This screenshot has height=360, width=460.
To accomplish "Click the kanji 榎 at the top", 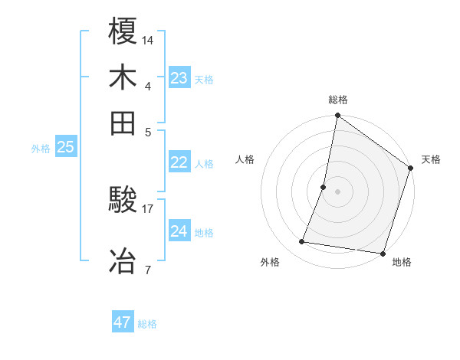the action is pos(123,32).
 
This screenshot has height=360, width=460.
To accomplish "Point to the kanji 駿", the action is pos(123,201).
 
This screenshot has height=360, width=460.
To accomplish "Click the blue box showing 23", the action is pos(179,78).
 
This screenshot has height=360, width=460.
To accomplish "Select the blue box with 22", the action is pos(179,162).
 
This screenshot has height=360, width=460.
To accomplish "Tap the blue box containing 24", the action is pos(179,231).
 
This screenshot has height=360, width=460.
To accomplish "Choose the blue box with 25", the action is pos(66,148).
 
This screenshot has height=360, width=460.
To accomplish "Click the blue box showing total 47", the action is pos(123,322).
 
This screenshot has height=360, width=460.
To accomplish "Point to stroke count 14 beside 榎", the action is pos(148,39).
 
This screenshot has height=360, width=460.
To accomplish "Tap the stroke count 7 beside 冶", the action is pos(147,269).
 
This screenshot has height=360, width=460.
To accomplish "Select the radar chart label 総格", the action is pos(337,100).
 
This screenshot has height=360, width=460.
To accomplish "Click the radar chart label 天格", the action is pos(431,159).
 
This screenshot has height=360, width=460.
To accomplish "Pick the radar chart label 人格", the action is pos(245,159).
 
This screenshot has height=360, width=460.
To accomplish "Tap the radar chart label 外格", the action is pos(270,262).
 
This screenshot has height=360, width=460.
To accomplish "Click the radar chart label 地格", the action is pos(402,262).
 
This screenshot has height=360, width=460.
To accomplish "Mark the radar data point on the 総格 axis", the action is pos(337,116).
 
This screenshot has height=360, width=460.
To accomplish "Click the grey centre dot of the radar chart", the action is pos(337,191).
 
